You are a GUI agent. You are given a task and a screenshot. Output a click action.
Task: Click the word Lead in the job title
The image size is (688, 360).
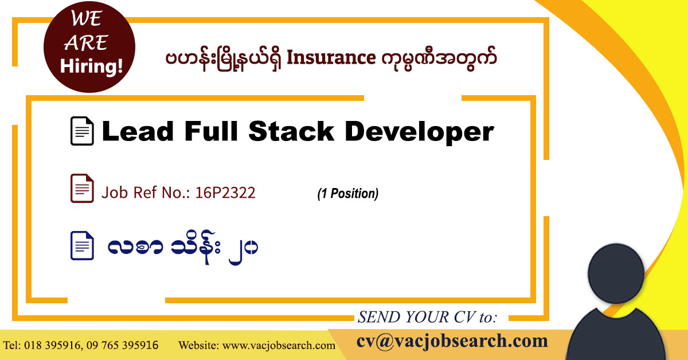pos(137,132)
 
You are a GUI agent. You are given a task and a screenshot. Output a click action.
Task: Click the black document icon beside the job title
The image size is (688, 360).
pos(82,131)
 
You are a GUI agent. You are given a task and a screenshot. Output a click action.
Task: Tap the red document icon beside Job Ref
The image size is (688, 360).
pos(82,189)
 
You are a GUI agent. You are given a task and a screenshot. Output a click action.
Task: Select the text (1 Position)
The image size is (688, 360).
pos(347,194)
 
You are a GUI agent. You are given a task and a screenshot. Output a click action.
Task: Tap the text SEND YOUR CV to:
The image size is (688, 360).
pos(428,317)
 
